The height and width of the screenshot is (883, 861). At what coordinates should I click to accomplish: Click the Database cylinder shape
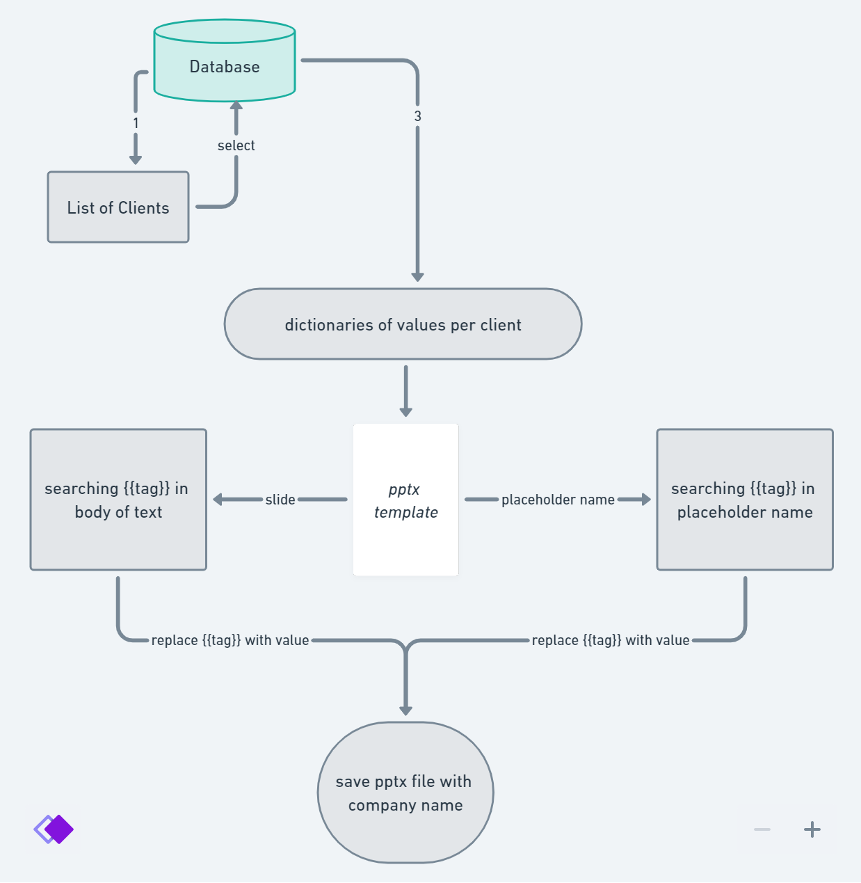click(x=225, y=67)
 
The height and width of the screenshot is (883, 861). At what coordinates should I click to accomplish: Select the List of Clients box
click(x=118, y=207)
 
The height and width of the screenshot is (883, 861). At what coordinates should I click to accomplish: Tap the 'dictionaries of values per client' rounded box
click(x=403, y=324)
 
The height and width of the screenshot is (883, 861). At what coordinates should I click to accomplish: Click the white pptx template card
click(x=405, y=500)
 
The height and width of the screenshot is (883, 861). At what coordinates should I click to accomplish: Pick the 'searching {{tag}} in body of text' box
click(x=118, y=500)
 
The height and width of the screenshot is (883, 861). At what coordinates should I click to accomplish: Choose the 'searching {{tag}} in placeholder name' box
click(x=745, y=500)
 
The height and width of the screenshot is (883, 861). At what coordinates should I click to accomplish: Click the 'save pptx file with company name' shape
click(x=405, y=793)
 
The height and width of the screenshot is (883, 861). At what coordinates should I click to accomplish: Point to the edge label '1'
click(x=136, y=123)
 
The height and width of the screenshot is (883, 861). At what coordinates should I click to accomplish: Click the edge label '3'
click(x=417, y=116)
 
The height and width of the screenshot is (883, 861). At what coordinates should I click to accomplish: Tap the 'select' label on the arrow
click(x=236, y=145)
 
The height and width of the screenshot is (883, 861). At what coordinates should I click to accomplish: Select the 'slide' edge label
click(x=280, y=500)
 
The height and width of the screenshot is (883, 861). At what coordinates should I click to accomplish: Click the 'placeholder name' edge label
click(x=558, y=500)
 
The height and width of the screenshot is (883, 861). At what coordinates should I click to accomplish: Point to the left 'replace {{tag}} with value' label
click(x=230, y=640)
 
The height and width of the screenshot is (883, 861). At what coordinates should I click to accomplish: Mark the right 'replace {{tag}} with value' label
click(x=611, y=640)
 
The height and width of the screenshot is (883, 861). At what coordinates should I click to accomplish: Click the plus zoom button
click(x=812, y=829)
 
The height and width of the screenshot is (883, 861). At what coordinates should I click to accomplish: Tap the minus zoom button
click(x=762, y=829)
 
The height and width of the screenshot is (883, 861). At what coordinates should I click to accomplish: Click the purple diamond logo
click(x=54, y=829)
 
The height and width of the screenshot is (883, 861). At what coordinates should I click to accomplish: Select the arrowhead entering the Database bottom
click(x=236, y=106)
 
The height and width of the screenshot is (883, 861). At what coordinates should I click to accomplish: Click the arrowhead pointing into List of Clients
click(x=136, y=159)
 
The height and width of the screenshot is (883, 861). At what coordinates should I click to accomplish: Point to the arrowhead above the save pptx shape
click(x=405, y=710)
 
